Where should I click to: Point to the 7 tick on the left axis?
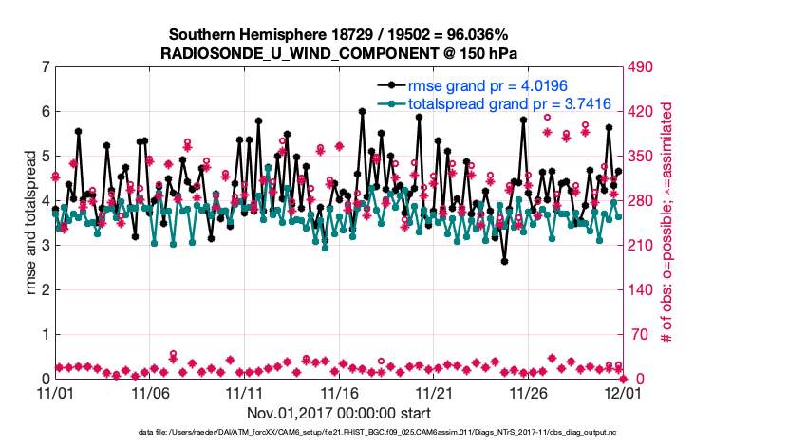pyautogui.click(x=44, y=67)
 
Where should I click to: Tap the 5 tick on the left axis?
pyautogui.click(x=44, y=157)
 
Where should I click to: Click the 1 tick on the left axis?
pyautogui.click(x=44, y=334)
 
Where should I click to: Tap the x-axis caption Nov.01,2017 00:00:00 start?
pyautogui.click(x=339, y=413)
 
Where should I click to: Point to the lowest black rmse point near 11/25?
pyautogui.click(x=504, y=261)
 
